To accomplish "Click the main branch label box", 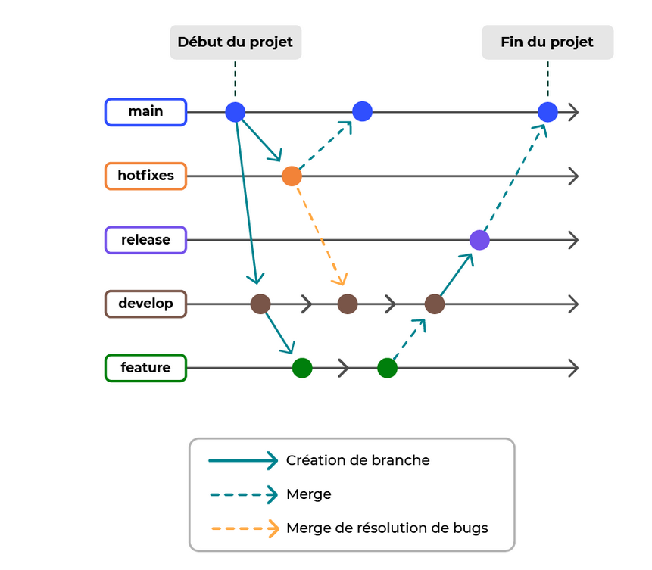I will pyautogui.click(x=145, y=112).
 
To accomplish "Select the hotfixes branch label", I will pyautogui.click(x=145, y=176).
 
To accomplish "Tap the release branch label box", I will pyautogui.click(x=145, y=240).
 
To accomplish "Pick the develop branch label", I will pyautogui.click(x=145, y=304).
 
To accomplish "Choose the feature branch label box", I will pyautogui.click(x=145, y=368).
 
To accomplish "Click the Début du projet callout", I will pyautogui.click(x=235, y=42).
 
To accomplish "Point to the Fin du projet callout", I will pyautogui.click(x=547, y=42).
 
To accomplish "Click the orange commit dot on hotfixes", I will pyautogui.click(x=292, y=176).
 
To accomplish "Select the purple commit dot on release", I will pyautogui.click(x=479, y=240).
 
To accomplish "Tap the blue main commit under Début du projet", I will pyautogui.click(x=236, y=112).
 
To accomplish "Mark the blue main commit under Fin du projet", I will pyautogui.click(x=547, y=112).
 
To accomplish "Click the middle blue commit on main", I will pyautogui.click(x=363, y=112).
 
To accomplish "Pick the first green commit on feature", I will pyautogui.click(x=302, y=368).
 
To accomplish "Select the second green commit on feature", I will pyautogui.click(x=387, y=368).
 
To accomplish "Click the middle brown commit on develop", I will pyautogui.click(x=348, y=304).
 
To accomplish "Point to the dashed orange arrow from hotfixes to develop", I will pyautogui.click(x=321, y=235).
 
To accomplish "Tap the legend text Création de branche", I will pyautogui.click(x=357, y=460).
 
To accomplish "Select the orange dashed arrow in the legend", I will pyautogui.click(x=243, y=528).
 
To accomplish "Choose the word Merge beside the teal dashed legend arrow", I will pyautogui.click(x=309, y=494).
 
